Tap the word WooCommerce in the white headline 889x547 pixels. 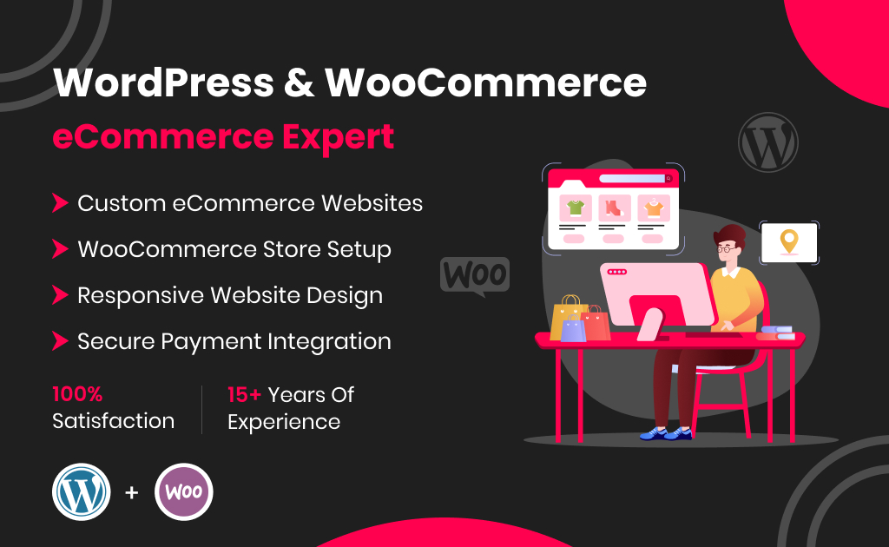(x=485, y=83)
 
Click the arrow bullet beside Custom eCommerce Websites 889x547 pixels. (x=59, y=203)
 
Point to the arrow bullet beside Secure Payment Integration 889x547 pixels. (x=59, y=341)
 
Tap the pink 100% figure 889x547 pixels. (x=77, y=394)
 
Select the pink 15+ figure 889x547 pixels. (x=244, y=394)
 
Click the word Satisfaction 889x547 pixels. (x=113, y=421)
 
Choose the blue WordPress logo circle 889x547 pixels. (x=81, y=491)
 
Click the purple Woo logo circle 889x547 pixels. (x=183, y=491)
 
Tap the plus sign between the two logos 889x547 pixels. (x=132, y=492)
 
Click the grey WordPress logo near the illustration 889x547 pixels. (x=767, y=142)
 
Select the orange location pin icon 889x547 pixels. (x=788, y=241)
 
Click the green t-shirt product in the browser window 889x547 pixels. (x=574, y=208)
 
